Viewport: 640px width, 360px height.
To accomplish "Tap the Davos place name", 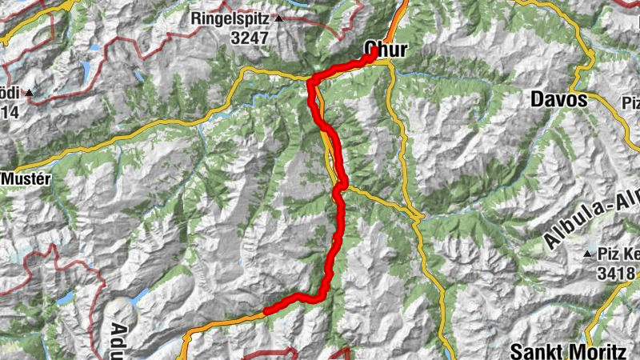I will click(x=559, y=101).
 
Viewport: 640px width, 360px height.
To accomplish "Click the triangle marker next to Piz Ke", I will click(x=588, y=254).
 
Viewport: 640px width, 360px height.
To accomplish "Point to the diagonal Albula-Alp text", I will click(x=590, y=214).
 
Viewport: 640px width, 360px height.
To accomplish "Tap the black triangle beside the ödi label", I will click(x=30, y=93).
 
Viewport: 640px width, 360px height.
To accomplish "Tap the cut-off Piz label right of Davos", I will click(x=630, y=102).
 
